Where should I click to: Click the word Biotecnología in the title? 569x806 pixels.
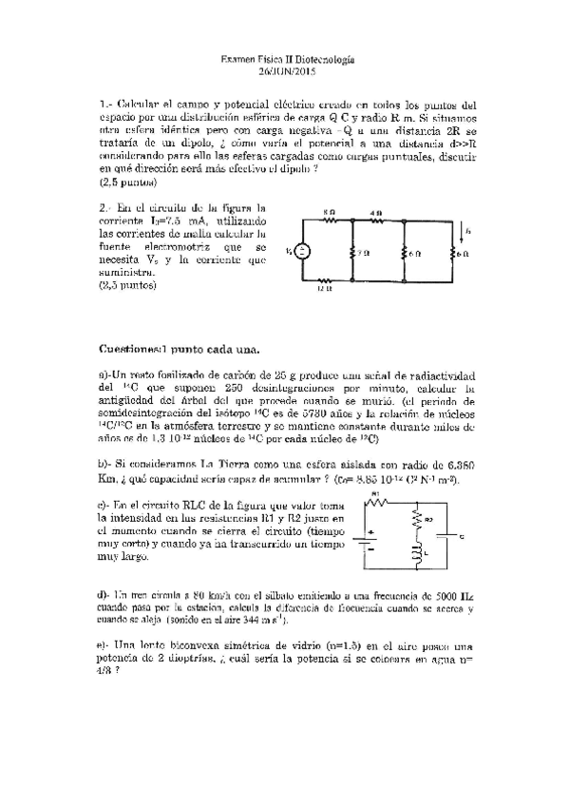click(322, 59)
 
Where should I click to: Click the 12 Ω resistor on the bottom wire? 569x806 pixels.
click(326, 281)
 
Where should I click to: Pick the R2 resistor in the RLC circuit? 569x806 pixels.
click(414, 520)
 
